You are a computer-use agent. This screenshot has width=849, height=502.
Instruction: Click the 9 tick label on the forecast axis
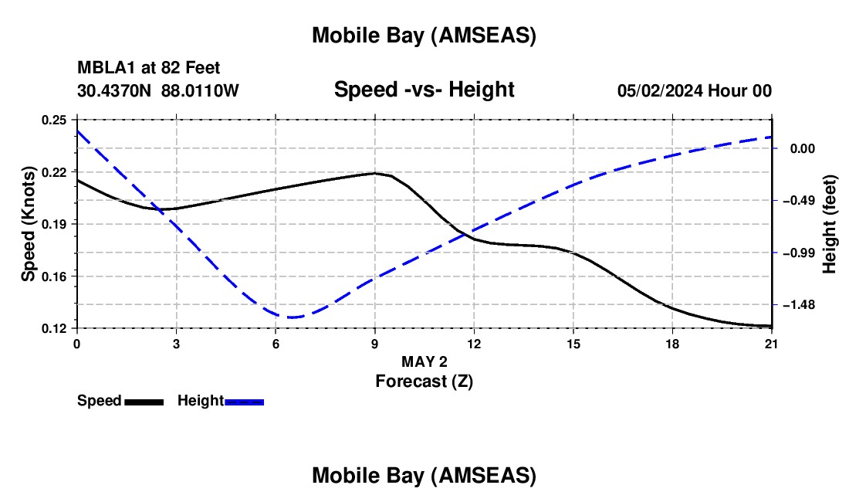click(375, 344)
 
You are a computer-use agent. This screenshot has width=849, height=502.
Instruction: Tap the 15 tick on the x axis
click(573, 344)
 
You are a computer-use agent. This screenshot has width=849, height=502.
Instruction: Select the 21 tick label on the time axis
click(772, 344)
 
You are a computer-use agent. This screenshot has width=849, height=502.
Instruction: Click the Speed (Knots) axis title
click(28, 224)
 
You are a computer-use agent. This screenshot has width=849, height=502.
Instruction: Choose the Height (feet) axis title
click(830, 224)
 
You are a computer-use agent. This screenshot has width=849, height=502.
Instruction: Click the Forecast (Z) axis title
click(424, 381)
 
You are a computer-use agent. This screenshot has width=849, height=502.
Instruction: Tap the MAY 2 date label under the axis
click(424, 361)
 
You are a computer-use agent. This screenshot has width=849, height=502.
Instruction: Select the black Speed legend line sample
click(144, 401)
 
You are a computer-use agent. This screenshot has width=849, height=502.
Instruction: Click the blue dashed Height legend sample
click(244, 401)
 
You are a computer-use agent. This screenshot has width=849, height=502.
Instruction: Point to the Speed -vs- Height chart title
click(424, 90)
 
